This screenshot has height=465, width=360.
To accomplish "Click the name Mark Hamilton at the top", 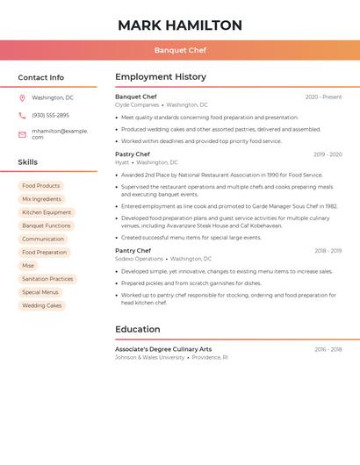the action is pos(180,25).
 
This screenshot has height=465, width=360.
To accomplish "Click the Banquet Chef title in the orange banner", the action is pos(180,50).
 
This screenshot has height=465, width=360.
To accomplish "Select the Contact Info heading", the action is pos(40,77).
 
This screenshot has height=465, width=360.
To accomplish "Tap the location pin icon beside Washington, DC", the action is pos(22,98).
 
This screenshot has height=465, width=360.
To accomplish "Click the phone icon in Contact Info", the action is pos(22,116).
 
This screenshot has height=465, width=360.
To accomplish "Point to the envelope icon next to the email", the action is pos(22,134).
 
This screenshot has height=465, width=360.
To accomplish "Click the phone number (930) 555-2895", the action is pos(50,116).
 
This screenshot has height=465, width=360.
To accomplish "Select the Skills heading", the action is pos(28,162).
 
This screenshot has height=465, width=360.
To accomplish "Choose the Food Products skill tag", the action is pos(41,186).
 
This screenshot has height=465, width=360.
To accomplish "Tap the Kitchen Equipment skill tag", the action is pos(47,212).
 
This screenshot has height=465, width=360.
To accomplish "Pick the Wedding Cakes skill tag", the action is pos(42,305).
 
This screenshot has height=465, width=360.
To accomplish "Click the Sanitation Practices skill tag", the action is pos(47,279).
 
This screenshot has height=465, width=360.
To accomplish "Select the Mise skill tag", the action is pos(28,266).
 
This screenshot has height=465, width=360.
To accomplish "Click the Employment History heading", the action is pos(161,77).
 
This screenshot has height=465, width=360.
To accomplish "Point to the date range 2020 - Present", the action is pos(323,97).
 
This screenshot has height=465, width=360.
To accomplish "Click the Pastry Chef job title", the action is pos(133,154).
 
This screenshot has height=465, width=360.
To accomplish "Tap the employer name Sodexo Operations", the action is pos(139,259).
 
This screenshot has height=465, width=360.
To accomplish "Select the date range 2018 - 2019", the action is pos(328,251).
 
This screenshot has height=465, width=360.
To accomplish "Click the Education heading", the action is pos(137,330).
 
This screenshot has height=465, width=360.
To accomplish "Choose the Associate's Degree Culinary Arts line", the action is pos(163,349).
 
